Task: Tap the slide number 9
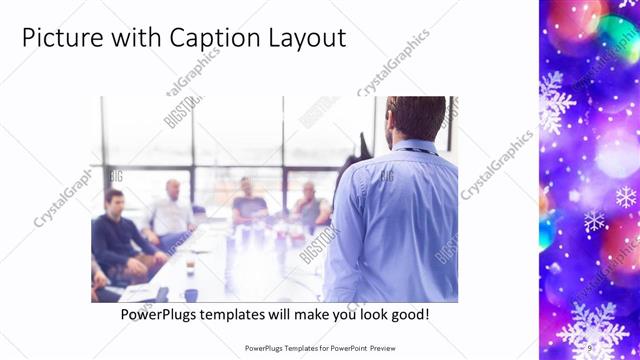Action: tap(589, 348)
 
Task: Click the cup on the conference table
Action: tap(190, 268)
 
